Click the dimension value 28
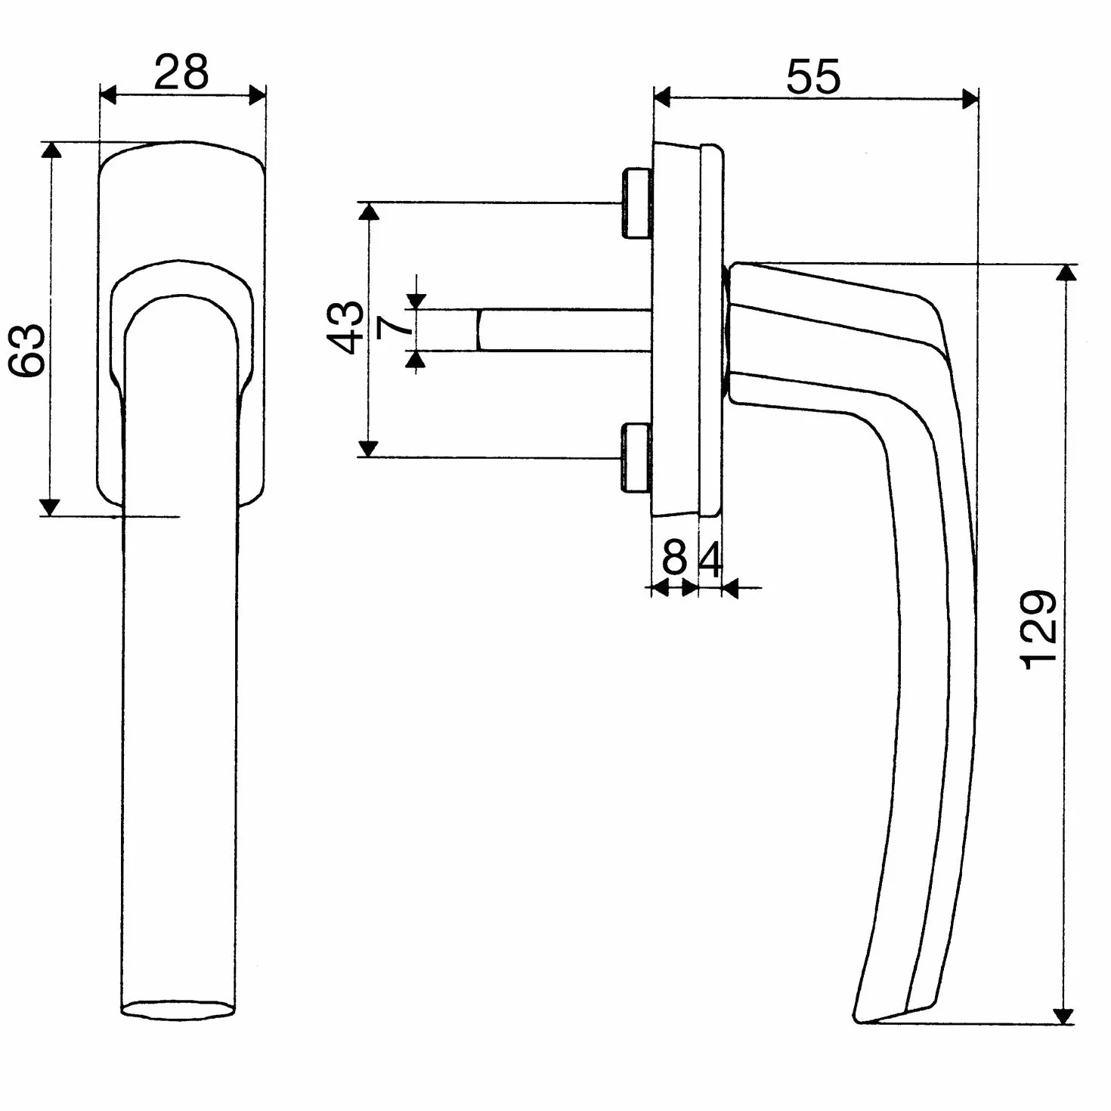[x=181, y=73]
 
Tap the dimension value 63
[x=27, y=350]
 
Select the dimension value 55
[x=813, y=76]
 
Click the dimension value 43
[x=346, y=327]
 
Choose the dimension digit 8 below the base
[x=675, y=558]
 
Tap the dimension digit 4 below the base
[x=710, y=559]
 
